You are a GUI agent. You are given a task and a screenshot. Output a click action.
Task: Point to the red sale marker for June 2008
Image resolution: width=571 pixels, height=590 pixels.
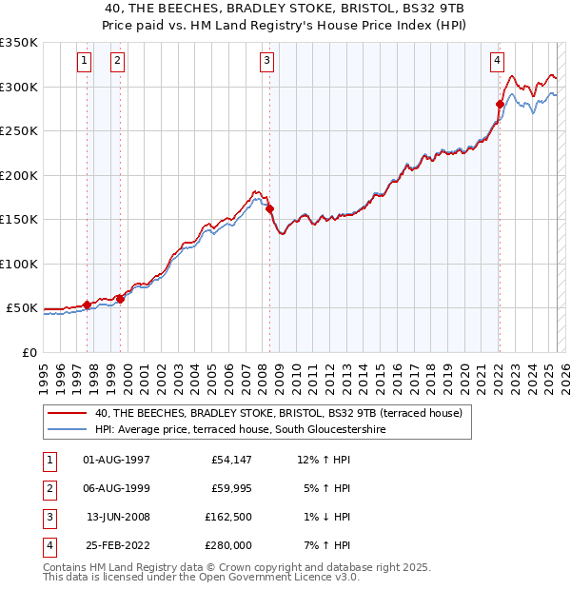269,208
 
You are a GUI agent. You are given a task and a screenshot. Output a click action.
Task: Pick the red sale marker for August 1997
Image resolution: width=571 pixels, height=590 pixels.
87,305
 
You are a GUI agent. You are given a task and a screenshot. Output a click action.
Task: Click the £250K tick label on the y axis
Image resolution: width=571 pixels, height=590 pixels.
18,131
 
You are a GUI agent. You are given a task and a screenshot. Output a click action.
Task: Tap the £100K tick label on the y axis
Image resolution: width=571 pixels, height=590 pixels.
18,264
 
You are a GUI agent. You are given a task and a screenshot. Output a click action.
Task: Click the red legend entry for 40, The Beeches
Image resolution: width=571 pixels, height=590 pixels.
278,413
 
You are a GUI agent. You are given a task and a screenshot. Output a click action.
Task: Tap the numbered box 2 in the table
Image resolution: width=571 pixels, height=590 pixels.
48,488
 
